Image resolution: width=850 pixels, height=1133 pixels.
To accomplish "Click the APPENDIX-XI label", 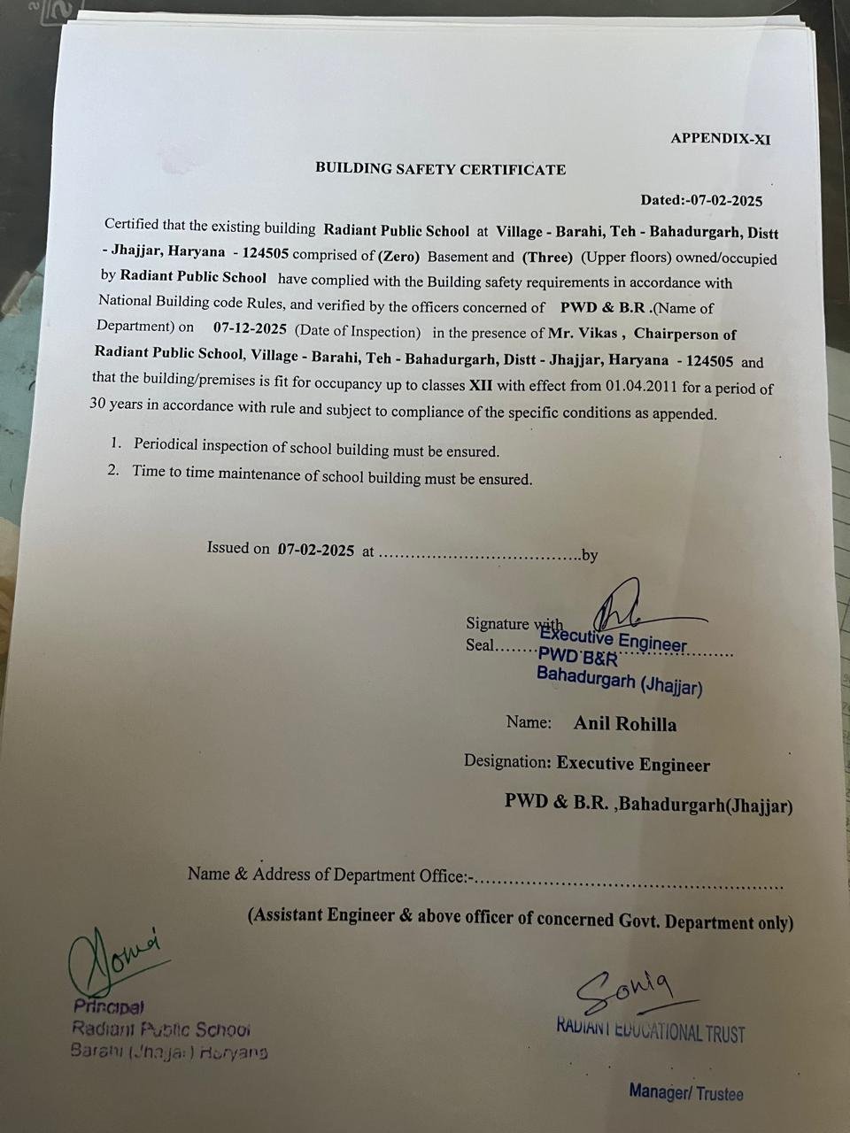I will click(x=721, y=138).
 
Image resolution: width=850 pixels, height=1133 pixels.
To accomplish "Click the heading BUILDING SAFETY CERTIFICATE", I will click(x=440, y=169).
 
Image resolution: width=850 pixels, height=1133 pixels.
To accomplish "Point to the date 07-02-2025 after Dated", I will click(x=727, y=201).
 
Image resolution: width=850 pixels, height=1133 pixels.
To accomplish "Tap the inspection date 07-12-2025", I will click(x=250, y=328).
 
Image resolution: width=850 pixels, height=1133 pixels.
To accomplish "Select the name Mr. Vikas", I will click(x=587, y=334).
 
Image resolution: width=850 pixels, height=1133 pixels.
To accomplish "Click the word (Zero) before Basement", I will click(x=398, y=257).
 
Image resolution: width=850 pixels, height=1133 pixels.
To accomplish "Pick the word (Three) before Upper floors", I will click(x=547, y=258).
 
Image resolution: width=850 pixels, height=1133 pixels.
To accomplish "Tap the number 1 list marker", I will click(x=115, y=442).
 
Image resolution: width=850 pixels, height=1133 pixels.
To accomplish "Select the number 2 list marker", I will click(x=113, y=470).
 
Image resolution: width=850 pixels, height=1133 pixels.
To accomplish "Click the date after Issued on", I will click(x=316, y=550).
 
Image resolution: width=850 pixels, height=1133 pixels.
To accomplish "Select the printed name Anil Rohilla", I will click(x=625, y=724).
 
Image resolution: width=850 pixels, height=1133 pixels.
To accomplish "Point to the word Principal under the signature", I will click(x=109, y=1006).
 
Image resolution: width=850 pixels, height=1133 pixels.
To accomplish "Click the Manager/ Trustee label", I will click(x=686, y=1092).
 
